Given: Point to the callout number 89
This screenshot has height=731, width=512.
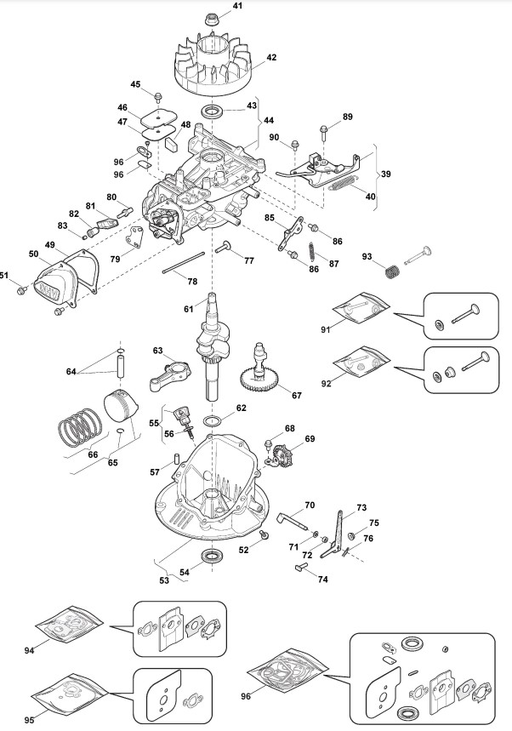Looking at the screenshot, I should [347, 117].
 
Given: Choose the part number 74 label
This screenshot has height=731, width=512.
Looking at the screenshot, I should [322, 580].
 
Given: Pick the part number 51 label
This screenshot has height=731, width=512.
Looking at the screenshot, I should [4, 274].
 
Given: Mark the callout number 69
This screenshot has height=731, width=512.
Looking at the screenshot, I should [310, 439].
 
